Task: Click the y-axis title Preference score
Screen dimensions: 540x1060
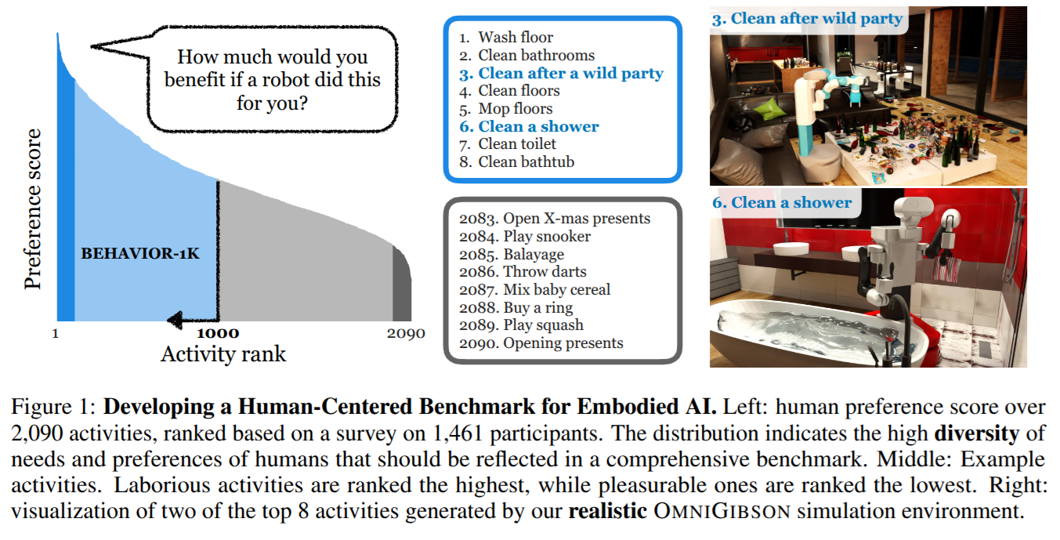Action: (x=33, y=210)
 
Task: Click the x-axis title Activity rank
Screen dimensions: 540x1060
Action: (x=223, y=353)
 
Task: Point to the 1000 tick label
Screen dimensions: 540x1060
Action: (x=218, y=332)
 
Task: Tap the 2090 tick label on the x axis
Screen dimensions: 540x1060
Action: (x=406, y=333)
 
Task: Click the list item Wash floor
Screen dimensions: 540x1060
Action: (x=515, y=38)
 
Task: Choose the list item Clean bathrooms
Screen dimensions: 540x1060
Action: (x=536, y=56)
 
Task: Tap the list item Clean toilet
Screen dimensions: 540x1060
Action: (x=517, y=144)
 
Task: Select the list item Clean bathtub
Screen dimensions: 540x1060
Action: (x=526, y=162)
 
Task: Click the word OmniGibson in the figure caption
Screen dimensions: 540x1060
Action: (x=729, y=513)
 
